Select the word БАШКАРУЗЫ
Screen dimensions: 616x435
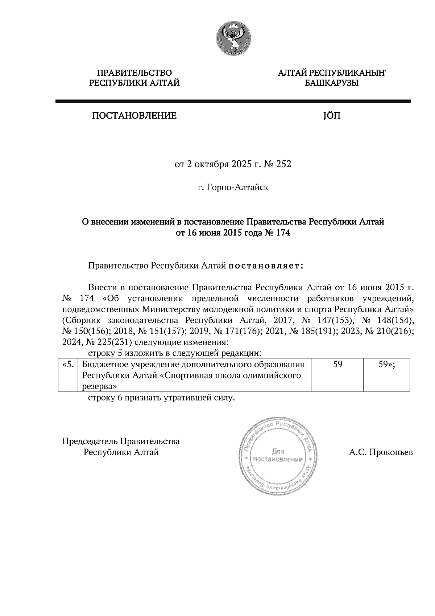(331, 83)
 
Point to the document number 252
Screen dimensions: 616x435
(284, 164)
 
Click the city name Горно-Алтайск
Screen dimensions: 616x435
(237, 188)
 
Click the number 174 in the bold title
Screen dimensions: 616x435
(283, 233)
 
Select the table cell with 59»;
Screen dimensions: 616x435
(386, 365)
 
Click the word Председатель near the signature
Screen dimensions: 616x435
(90, 442)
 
